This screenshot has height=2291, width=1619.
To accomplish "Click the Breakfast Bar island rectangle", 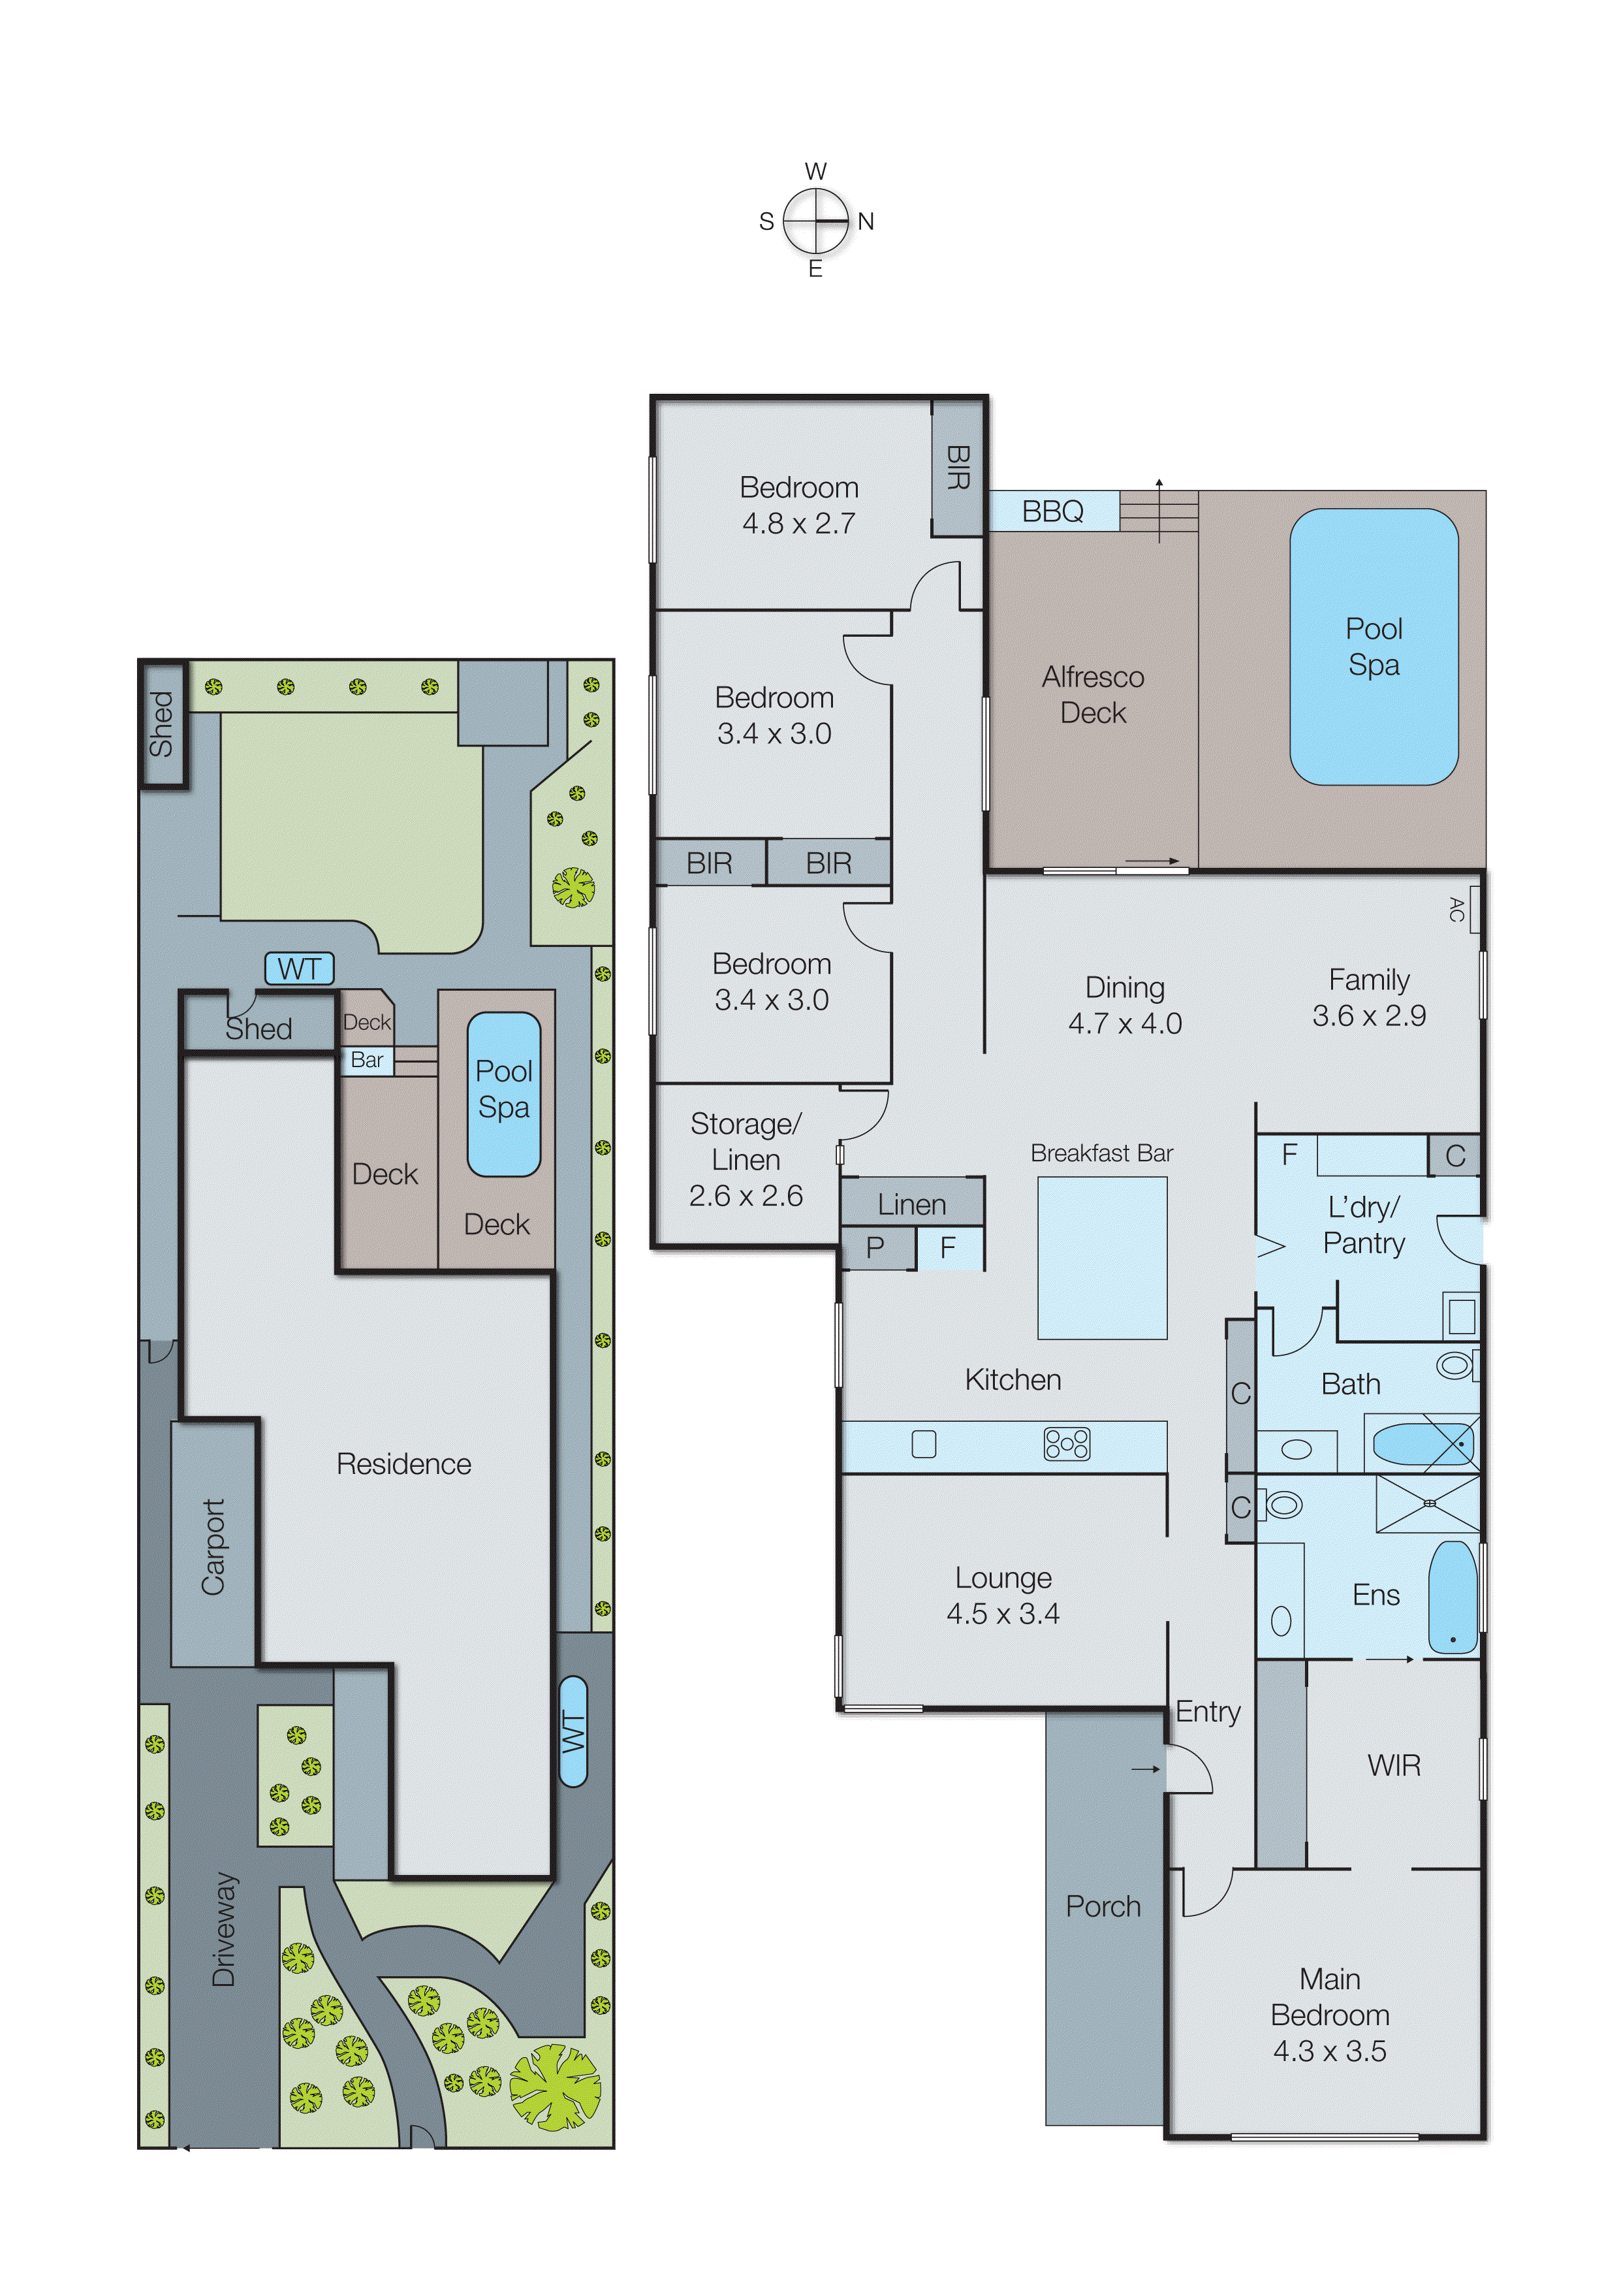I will click(1101, 1257).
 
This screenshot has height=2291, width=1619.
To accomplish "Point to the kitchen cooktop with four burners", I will click(1066, 1444).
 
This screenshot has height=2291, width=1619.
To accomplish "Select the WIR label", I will click(1394, 1765).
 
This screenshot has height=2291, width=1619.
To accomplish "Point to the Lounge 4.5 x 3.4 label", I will click(1003, 1595).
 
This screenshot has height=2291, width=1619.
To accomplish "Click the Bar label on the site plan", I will click(367, 1061).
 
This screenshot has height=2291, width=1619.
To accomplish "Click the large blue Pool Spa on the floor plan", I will click(1374, 647).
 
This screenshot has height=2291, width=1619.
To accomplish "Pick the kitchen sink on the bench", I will click(924, 1444).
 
